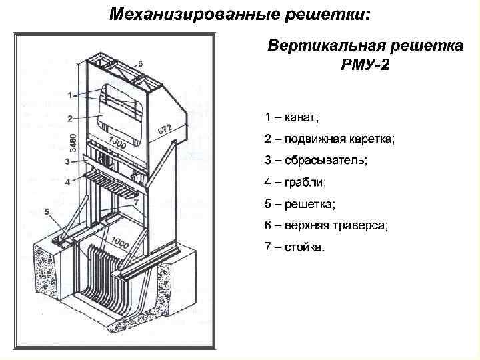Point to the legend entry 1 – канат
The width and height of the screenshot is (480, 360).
(291, 117)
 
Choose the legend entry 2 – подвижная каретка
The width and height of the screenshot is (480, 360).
(329, 139)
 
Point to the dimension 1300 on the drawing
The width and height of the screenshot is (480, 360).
(117, 142)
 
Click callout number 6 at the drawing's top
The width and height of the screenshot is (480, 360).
(141, 63)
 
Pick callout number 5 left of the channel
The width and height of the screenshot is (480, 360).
(47, 211)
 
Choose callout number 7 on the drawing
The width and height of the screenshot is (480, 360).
(136, 201)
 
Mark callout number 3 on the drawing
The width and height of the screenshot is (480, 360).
(67, 161)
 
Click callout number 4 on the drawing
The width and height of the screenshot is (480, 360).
(67, 181)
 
